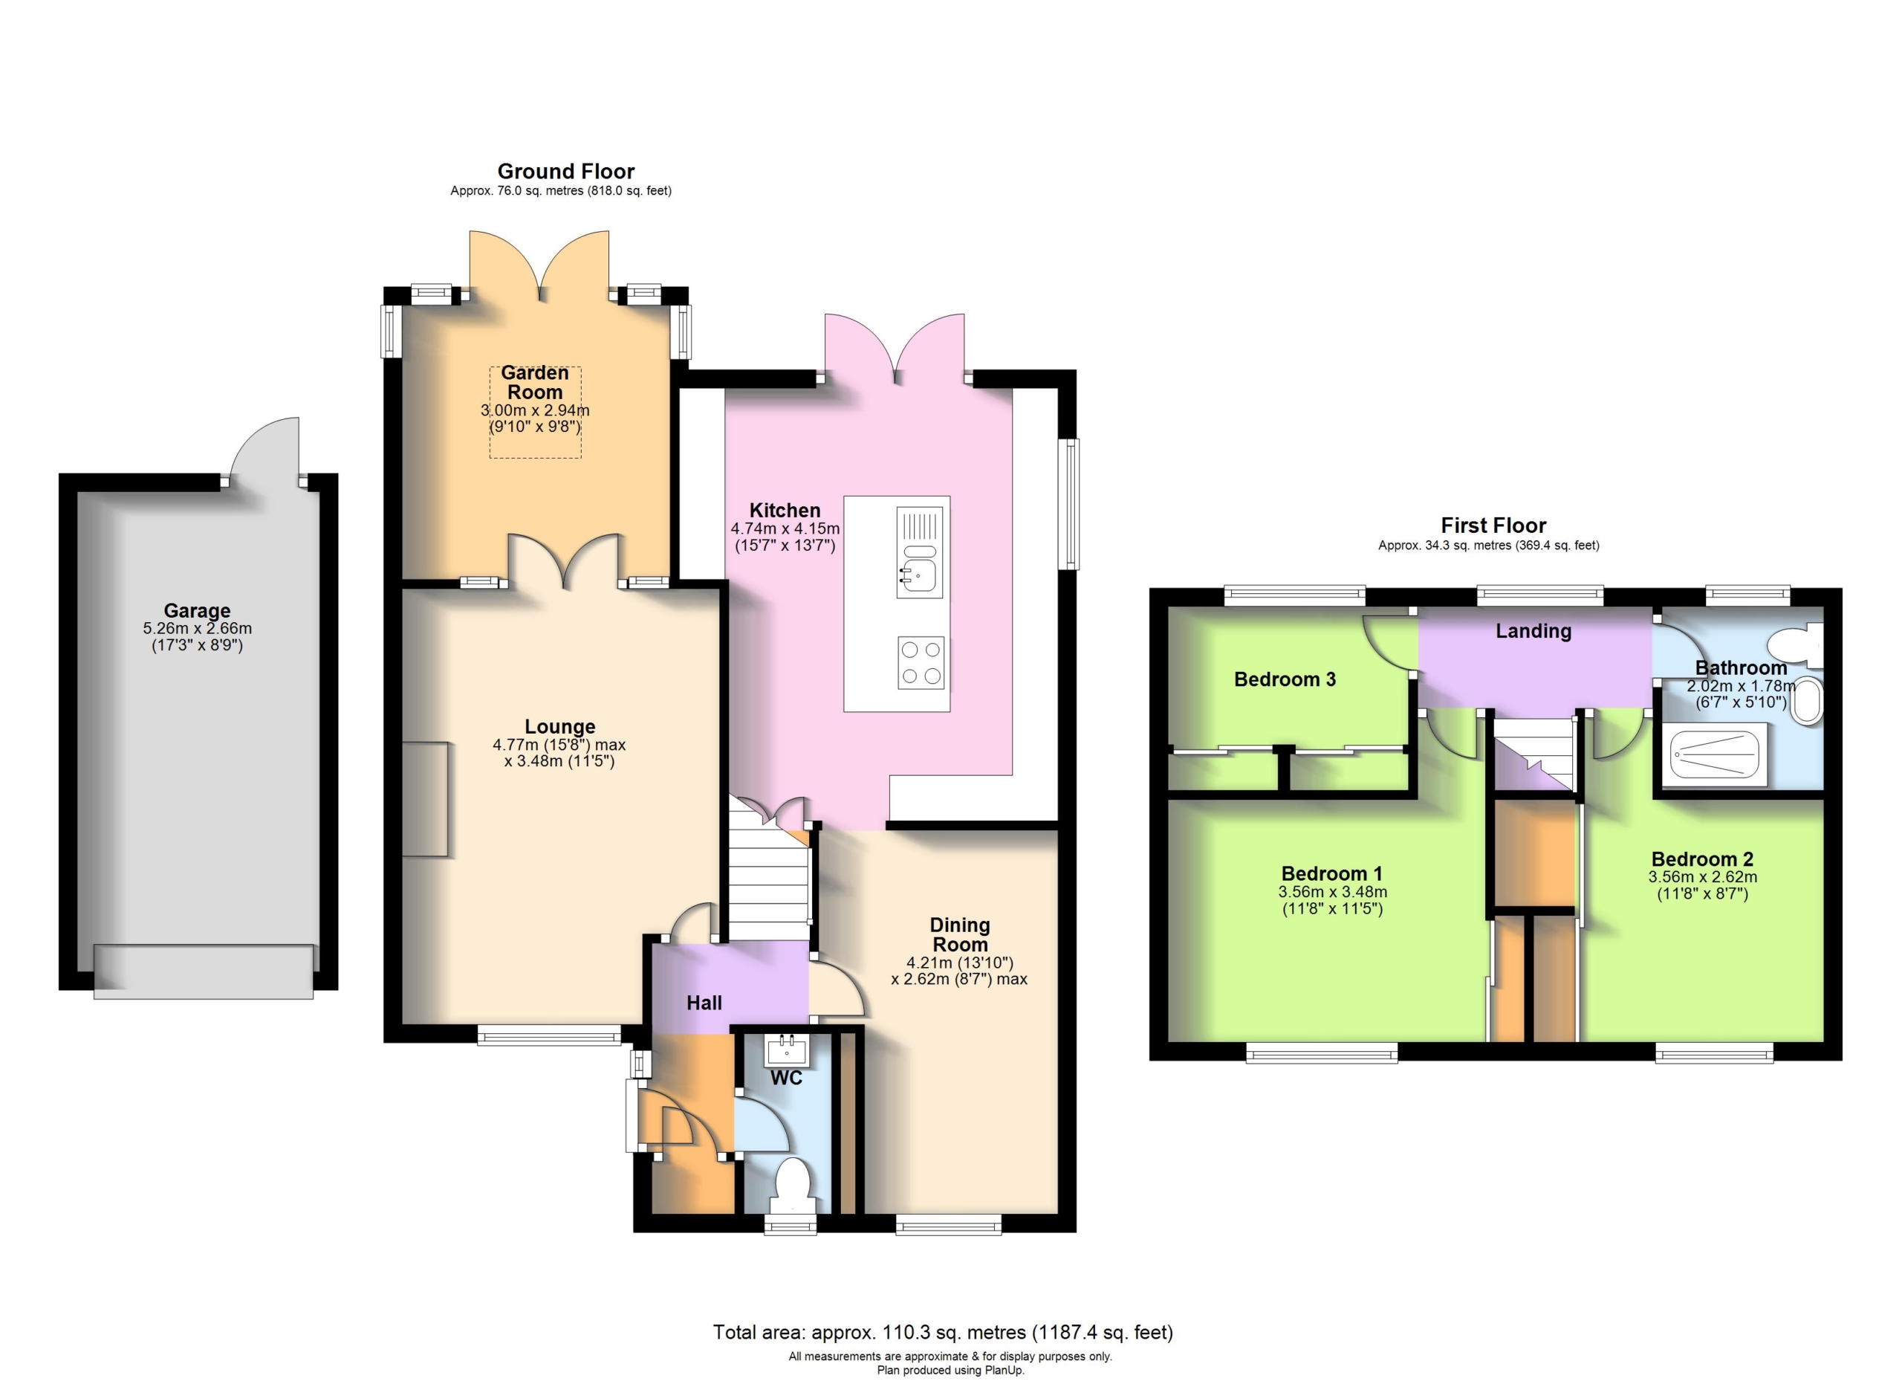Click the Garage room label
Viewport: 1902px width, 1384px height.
point(197,611)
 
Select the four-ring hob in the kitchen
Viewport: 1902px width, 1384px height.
point(920,663)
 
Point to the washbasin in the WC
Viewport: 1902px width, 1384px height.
point(787,1051)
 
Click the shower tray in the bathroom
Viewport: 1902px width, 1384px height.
point(1715,756)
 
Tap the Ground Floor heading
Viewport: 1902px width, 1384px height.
point(566,171)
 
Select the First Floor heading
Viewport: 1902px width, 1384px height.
point(1493,526)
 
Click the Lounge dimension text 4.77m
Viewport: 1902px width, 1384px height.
point(516,745)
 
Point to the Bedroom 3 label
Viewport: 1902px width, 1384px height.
point(1285,679)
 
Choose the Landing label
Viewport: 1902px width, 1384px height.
point(1533,632)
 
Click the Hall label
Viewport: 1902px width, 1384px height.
point(704,1003)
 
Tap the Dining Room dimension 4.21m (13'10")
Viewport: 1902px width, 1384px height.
point(960,963)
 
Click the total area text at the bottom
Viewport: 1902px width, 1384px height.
point(943,1332)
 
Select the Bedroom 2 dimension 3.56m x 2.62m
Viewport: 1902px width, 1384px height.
point(1702,876)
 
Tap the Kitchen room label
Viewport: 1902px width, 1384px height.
point(785,510)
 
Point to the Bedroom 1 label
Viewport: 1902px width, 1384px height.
point(1331,873)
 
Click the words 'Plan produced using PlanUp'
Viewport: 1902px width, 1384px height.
point(951,1371)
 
